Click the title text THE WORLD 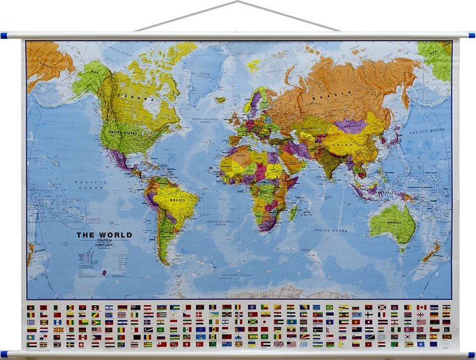pyautogui.click(x=104, y=234)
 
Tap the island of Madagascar pyautogui.click(x=292, y=213)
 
